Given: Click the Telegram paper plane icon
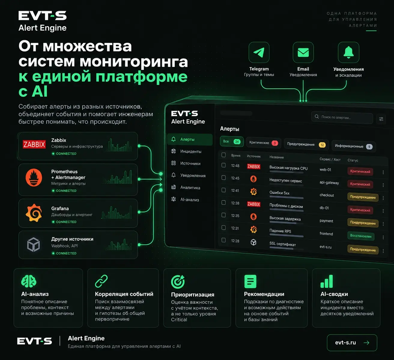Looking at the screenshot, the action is coord(259,53).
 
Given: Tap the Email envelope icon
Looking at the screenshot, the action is coord(303,53).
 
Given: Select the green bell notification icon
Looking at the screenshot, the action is coord(348,52).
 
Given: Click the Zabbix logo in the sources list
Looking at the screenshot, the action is coord(34,144).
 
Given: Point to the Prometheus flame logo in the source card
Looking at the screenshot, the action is coord(34,177).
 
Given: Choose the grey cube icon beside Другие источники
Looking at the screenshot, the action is coord(33,244).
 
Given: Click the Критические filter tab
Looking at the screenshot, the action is coord(263,143).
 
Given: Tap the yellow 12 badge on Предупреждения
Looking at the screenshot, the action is coord(322,145).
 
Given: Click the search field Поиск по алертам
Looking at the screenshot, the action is coord(342,117).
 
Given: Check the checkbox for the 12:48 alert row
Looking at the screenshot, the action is coord(223,165).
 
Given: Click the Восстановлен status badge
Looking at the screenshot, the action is coord(361,236).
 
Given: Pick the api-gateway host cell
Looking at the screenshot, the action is coord(329,183).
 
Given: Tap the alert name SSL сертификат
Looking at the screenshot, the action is coord(283,244).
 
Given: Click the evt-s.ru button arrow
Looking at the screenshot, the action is coord(366,343).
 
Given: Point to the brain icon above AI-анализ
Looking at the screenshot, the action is coord(29,281).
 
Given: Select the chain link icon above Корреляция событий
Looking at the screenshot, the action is coord(101,281).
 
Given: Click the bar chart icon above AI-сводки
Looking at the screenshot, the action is coord(327,281).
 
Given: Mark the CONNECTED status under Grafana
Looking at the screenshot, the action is coord(64,222).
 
